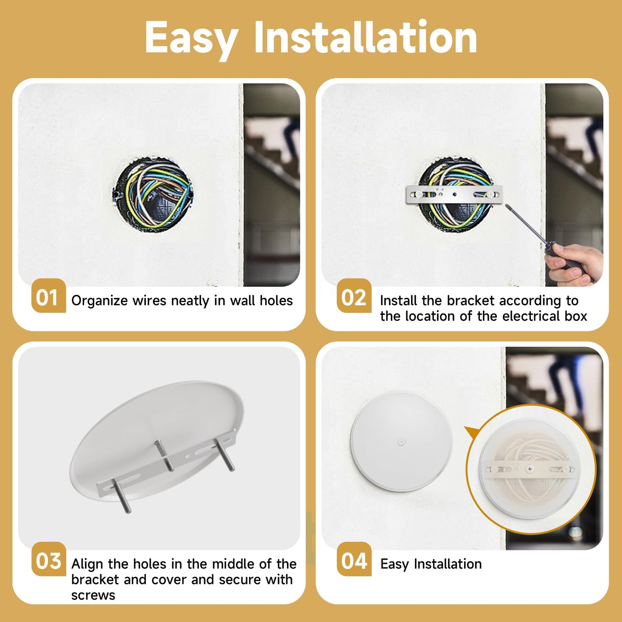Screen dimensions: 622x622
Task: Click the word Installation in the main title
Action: click(365, 38)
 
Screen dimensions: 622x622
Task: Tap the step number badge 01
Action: click(48, 297)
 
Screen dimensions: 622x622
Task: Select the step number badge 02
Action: click(353, 297)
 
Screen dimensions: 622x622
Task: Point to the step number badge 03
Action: click(48, 560)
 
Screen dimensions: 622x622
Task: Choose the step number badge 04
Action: click(353, 560)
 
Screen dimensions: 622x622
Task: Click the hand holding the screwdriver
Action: click(575, 263)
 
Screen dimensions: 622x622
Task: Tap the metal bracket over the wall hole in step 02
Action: click(454, 195)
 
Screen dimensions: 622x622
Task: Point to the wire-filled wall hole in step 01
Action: click(153, 195)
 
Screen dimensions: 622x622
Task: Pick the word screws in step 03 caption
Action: click(93, 595)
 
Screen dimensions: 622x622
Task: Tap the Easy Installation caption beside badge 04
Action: click(431, 564)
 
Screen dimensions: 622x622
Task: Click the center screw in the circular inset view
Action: click(530, 469)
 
